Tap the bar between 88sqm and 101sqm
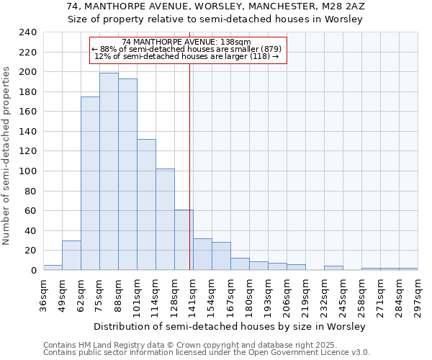coord(127,174)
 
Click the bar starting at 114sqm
coord(165,220)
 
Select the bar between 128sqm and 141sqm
coord(184,240)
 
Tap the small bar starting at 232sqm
coord(333,268)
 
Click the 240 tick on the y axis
coord(28,32)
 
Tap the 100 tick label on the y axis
coord(28,171)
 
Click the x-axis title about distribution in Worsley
coord(230,327)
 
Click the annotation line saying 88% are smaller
coord(188,49)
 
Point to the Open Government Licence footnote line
coord(207,353)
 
